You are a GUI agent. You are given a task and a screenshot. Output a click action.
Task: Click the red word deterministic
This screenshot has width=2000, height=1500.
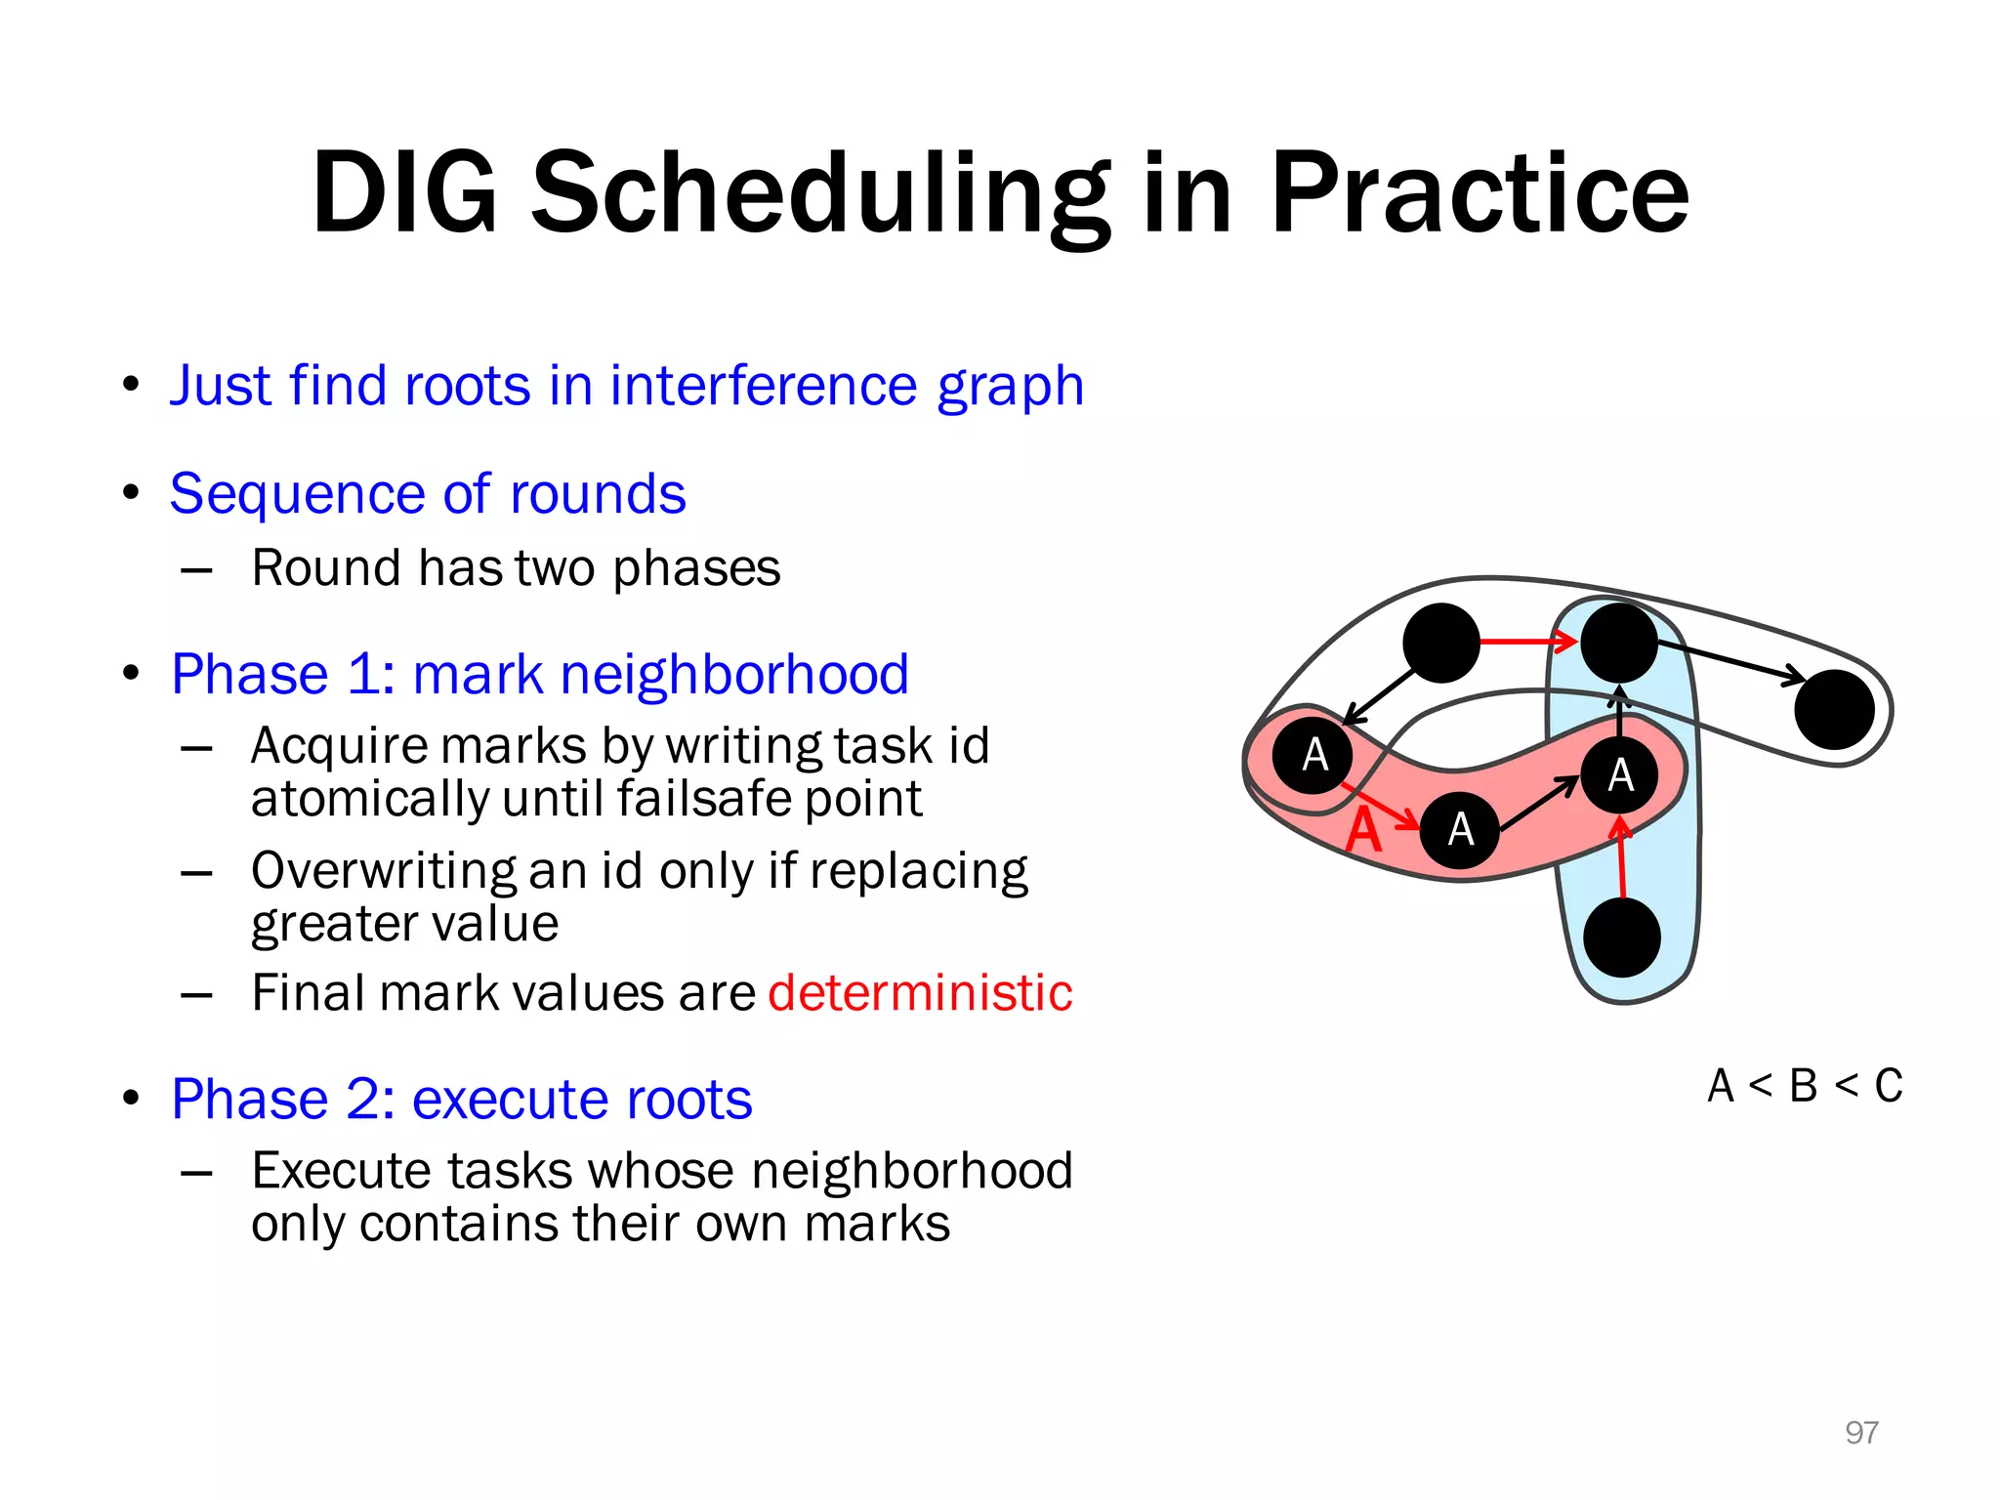pyautogui.click(x=920, y=993)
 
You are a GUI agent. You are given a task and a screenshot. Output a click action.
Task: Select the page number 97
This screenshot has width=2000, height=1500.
pyautogui.click(x=1861, y=1432)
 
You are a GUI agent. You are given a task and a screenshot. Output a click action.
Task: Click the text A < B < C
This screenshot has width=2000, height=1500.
pyautogui.click(x=1805, y=1086)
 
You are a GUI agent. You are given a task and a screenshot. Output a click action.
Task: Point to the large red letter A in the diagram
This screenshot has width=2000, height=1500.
pyautogui.click(x=1363, y=832)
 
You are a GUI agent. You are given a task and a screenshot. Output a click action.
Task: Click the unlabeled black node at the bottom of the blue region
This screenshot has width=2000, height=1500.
pyautogui.click(x=1622, y=937)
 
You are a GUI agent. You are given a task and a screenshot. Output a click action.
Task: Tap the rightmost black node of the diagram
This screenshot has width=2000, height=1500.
pyautogui.click(x=1834, y=710)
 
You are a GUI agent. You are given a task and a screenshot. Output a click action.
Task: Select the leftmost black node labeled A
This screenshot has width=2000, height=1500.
pyautogui.click(x=1312, y=755)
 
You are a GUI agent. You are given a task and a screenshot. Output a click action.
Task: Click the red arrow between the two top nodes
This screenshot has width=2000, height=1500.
pyautogui.click(x=1527, y=642)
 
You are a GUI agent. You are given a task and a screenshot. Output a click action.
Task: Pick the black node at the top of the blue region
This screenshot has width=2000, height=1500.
pyautogui.click(x=1619, y=643)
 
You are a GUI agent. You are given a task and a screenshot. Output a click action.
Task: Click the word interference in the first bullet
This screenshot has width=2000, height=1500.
pyautogui.click(x=763, y=385)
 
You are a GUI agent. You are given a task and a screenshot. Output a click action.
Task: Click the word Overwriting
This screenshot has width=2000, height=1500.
pyautogui.click(x=383, y=870)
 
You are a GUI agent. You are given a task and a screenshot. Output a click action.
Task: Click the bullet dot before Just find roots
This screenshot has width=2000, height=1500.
pyautogui.click(x=132, y=385)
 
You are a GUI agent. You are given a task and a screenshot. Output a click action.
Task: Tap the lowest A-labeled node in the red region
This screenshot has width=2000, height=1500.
pyautogui.click(x=1459, y=830)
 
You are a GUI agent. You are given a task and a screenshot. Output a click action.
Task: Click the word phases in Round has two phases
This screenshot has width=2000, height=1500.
pyautogui.click(x=696, y=568)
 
